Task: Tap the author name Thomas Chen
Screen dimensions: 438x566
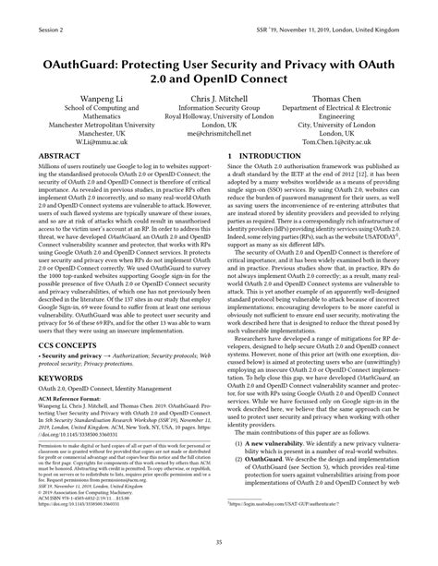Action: point(337,96)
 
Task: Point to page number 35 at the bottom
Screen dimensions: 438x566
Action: point(218,544)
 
